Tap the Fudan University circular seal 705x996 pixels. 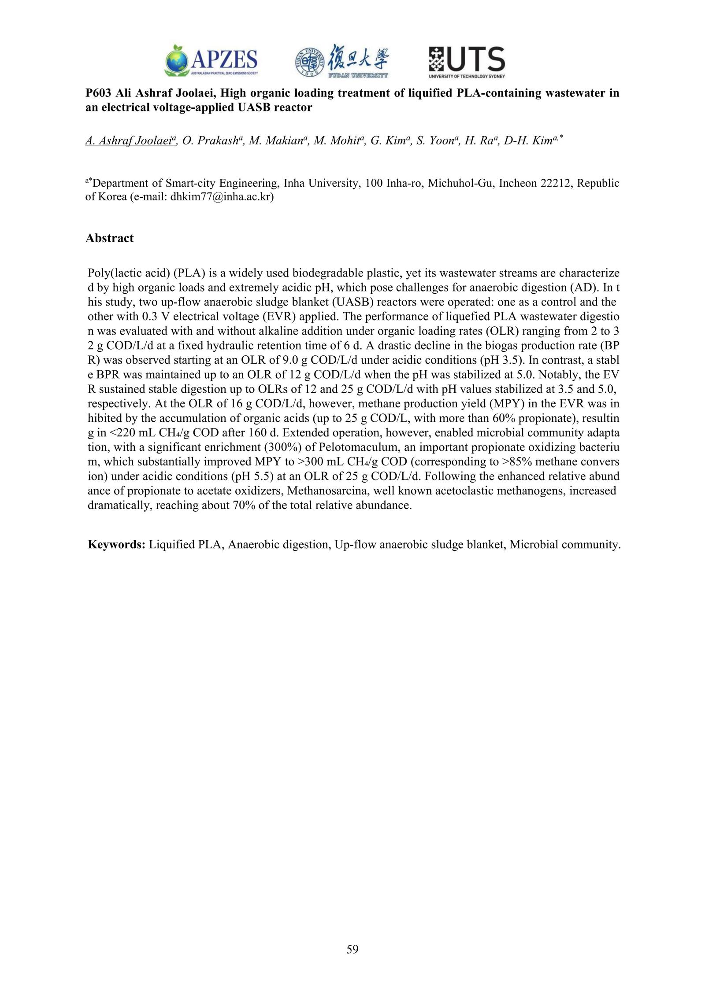pos(309,62)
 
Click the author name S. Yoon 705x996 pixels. pos(434,141)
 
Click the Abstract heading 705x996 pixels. pos(109,238)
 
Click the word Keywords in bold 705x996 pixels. pos(116,545)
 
